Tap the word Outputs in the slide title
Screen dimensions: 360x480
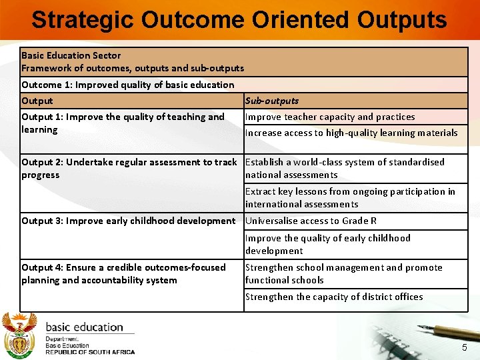click(402, 20)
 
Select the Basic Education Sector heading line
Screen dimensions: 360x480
click(71, 55)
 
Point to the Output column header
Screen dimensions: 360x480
click(37, 101)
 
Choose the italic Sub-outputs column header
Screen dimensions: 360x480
click(272, 101)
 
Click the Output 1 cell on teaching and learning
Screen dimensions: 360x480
click(123, 123)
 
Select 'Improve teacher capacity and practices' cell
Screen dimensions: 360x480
click(330, 117)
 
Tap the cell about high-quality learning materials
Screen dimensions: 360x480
click(351, 133)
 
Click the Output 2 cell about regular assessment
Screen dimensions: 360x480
click(129, 168)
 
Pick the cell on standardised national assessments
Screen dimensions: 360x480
click(345, 168)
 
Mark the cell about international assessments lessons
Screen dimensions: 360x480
click(350, 197)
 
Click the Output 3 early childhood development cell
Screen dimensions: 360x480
click(129, 221)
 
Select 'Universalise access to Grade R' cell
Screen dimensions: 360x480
click(311, 221)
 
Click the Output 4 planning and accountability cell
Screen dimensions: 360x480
click(123, 273)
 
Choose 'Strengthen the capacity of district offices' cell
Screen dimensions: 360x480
click(334, 297)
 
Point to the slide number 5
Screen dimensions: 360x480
click(465, 349)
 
